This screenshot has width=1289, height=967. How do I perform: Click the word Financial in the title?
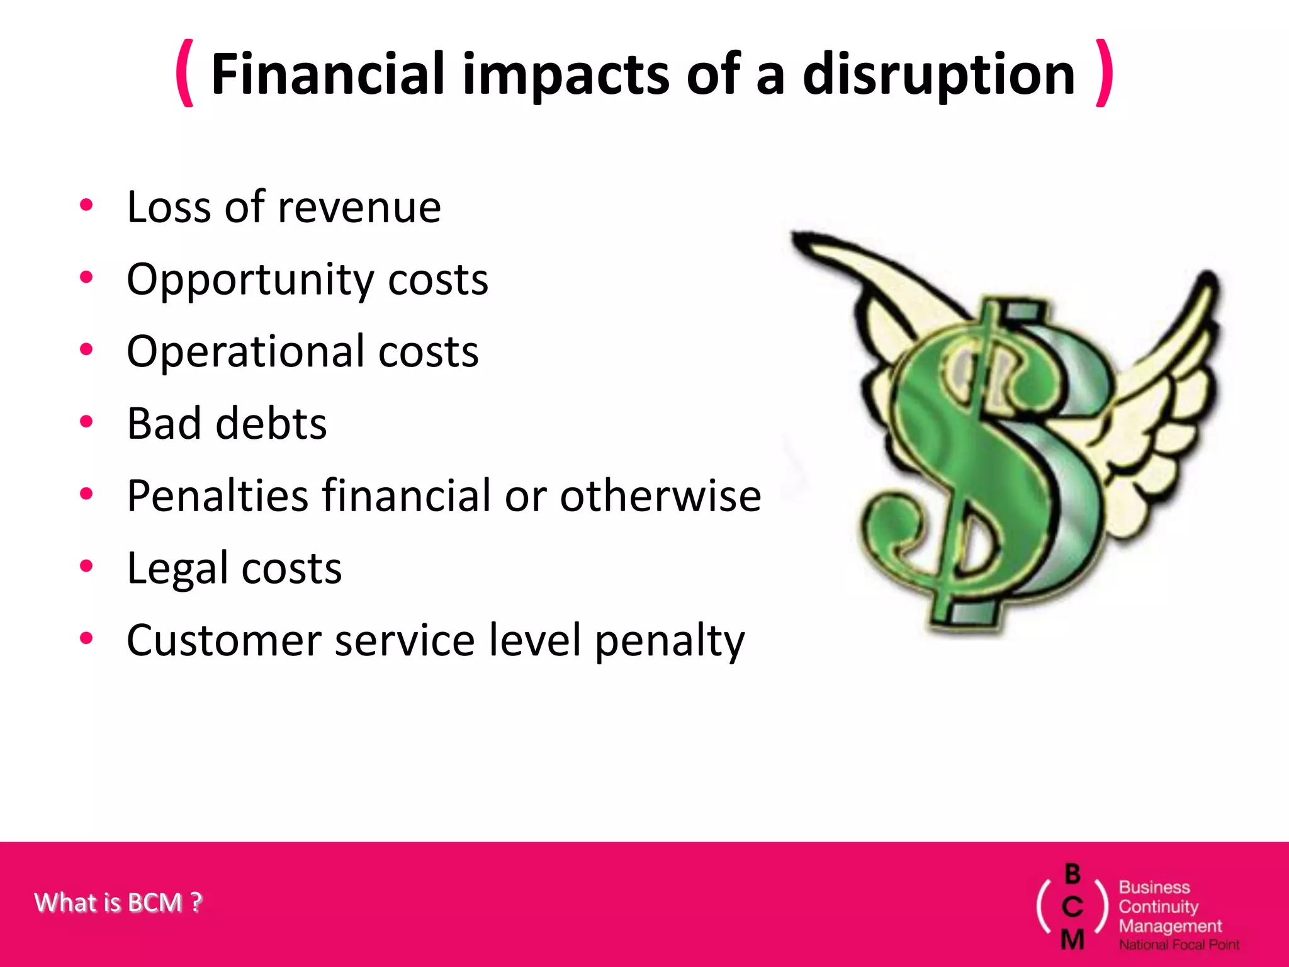coord(327,74)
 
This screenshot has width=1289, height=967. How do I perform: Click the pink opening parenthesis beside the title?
coord(184,73)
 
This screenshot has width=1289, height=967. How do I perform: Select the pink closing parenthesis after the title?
coord(1104,73)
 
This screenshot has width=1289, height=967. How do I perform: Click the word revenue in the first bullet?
coord(359,208)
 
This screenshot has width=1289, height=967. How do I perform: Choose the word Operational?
coord(245,351)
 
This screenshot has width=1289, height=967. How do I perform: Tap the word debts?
coord(271,424)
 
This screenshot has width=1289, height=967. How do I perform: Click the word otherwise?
coord(661,496)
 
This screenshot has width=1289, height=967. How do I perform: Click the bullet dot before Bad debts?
coord(86,422)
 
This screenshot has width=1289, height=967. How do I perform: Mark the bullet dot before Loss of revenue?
coord(86,205)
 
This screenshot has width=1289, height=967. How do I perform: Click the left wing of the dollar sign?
coord(881,296)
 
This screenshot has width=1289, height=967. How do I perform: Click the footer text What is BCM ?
coord(118,903)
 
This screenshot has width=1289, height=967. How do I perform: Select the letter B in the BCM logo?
coord(1072,874)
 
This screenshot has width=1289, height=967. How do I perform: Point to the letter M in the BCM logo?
coord(1072,939)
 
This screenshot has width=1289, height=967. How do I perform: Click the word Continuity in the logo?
coord(1158,907)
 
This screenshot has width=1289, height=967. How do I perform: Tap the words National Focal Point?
coord(1179,945)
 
